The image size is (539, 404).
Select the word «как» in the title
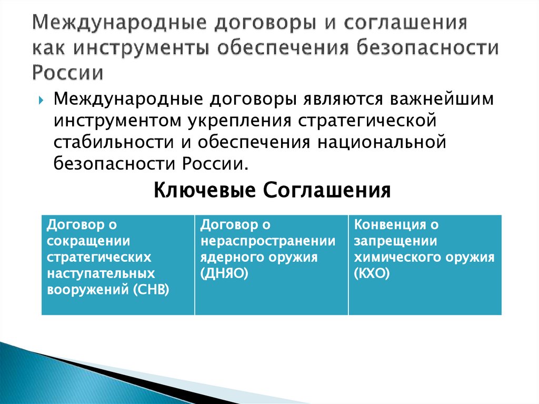click(x=48, y=48)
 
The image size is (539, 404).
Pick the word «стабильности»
click(x=105, y=142)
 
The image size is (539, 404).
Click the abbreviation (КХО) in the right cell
click(x=372, y=274)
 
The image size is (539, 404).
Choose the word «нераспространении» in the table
click(x=267, y=241)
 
